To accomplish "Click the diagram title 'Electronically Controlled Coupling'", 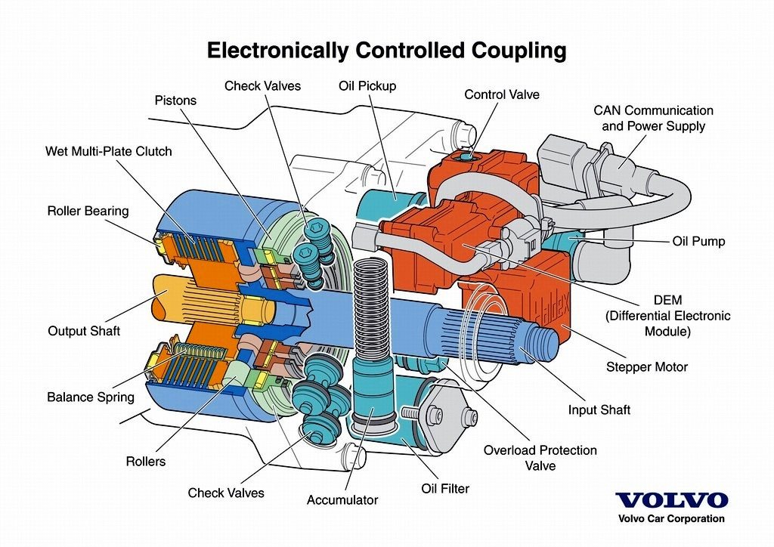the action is pyautogui.click(x=386, y=51).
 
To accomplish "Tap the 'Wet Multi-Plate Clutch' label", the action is pyautogui.click(x=109, y=151).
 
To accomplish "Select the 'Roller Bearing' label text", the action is pyautogui.click(x=88, y=211).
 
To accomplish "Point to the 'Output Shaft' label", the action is pyautogui.click(x=84, y=330).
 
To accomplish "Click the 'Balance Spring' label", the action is pyautogui.click(x=91, y=397).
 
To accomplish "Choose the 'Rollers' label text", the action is pyautogui.click(x=146, y=461).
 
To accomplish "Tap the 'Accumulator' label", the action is pyautogui.click(x=342, y=499).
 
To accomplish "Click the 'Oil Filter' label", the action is pyautogui.click(x=444, y=488).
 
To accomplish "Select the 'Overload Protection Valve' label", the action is pyautogui.click(x=540, y=458).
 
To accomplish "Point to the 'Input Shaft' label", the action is pyautogui.click(x=599, y=409).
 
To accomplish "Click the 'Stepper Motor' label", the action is pyautogui.click(x=647, y=367).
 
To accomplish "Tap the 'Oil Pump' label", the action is pyautogui.click(x=698, y=241).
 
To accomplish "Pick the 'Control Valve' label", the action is pyautogui.click(x=502, y=94).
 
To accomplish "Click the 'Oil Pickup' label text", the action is pyautogui.click(x=367, y=86).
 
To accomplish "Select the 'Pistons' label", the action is pyautogui.click(x=175, y=100).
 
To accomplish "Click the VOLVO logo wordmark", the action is pyautogui.click(x=671, y=500).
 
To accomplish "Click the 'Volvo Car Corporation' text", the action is pyautogui.click(x=671, y=518).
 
